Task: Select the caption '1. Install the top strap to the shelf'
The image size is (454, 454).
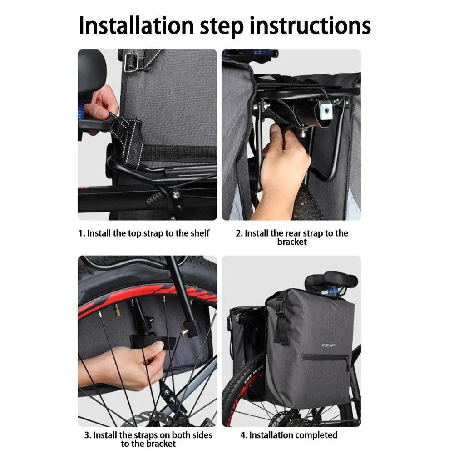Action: tap(144, 233)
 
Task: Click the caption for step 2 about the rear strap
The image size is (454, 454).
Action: tap(292, 237)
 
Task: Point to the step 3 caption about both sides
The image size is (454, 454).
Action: tap(148, 439)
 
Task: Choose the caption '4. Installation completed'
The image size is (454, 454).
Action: tap(289, 435)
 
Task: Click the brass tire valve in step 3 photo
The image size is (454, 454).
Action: tap(117, 311)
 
